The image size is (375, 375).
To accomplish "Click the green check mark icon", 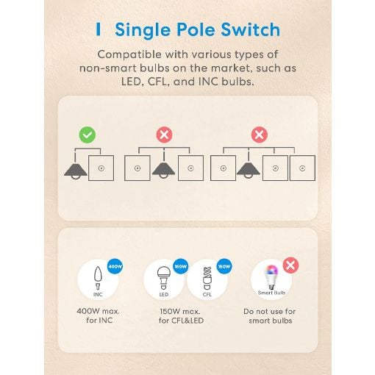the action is click(x=87, y=135).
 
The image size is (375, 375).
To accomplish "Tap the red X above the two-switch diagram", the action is click(x=164, y=135).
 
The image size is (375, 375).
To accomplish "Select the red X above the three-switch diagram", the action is click(x=260, y=135).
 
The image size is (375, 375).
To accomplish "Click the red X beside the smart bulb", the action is click(x=290, y=265).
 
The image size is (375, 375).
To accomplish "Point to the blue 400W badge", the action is click(x=115, y=266).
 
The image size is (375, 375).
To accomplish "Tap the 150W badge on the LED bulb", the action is click(x=181, y=266).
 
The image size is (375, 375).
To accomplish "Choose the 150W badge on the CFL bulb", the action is click(x=224, y=266).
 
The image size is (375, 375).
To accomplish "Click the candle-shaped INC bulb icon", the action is click(x=98, y=278).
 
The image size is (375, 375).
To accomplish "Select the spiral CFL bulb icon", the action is click(x=207, y=279).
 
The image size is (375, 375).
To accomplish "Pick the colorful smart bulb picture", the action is click(x=271, y=277).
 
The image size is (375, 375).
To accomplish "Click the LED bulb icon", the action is click(x=163, y=278).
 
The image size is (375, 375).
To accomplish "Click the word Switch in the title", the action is click(x=251, y=29).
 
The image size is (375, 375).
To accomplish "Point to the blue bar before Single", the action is click(x=99, y=29).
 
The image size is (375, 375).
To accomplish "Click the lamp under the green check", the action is click(x=76, y=168).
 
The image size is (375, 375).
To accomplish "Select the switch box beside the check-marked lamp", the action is click(x=101, y=168).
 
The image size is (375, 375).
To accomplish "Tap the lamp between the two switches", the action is click(x=163, y=167).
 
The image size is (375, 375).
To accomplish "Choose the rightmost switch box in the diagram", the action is click(x=302, y=168).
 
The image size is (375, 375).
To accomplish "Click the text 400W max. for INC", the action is click(x=99, y=315).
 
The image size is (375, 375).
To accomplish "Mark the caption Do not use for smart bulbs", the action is click(x=270, y=316).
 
